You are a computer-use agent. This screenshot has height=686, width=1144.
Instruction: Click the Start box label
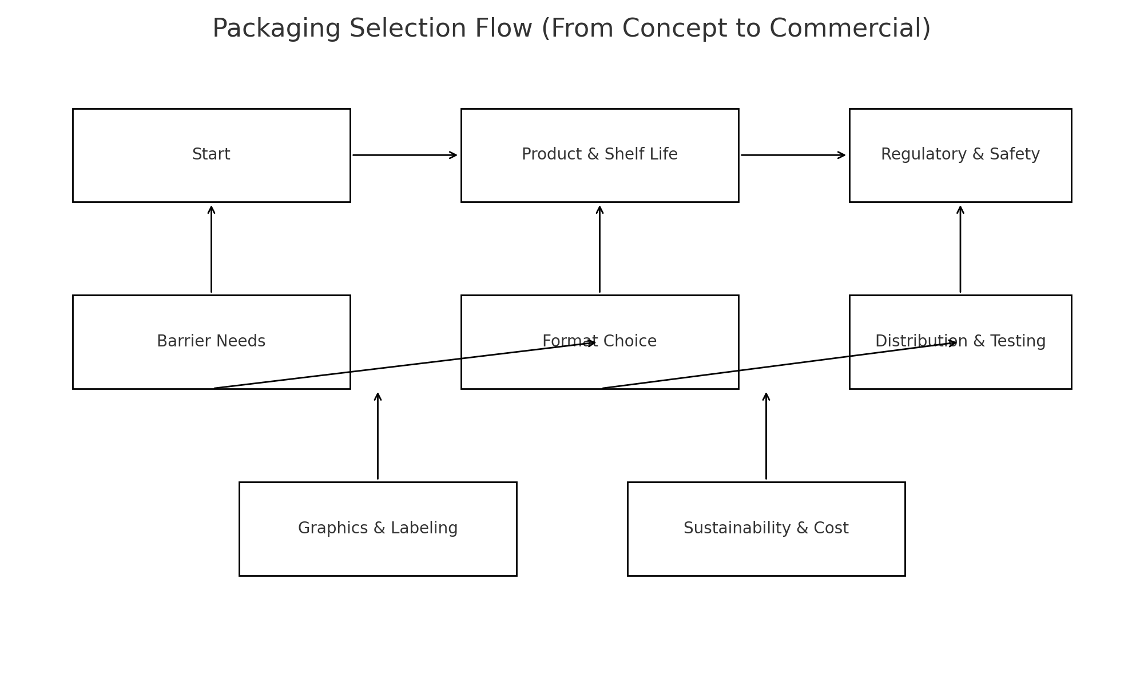click(211, 154)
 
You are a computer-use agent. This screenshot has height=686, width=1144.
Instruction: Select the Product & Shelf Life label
click(599, 154)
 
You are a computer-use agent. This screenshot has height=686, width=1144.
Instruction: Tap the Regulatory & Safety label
click(960, 154)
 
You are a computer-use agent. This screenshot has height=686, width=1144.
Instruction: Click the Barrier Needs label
click(211, 341)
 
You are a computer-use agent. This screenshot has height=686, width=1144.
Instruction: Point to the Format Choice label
click(599, 341)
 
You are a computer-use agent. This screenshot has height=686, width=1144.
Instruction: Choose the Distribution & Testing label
click(960, 341)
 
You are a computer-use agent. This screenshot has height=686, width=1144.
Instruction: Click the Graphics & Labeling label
click(378, 528)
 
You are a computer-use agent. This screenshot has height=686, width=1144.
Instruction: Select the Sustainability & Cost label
click(766, 528)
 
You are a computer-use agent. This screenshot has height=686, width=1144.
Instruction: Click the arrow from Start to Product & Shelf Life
click(404, 155)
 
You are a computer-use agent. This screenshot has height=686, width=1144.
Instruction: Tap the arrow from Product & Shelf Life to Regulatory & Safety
click(793, 155)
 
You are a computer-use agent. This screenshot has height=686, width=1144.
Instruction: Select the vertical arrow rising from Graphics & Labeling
click(378, 436)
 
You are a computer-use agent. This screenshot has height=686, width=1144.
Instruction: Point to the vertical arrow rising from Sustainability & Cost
click(766, 436)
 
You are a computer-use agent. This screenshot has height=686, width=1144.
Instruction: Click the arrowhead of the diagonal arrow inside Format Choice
click(593, 343)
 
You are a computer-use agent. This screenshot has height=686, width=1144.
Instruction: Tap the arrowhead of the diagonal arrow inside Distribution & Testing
click(952, 343)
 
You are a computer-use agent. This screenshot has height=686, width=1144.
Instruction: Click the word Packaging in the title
click(276, 29)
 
